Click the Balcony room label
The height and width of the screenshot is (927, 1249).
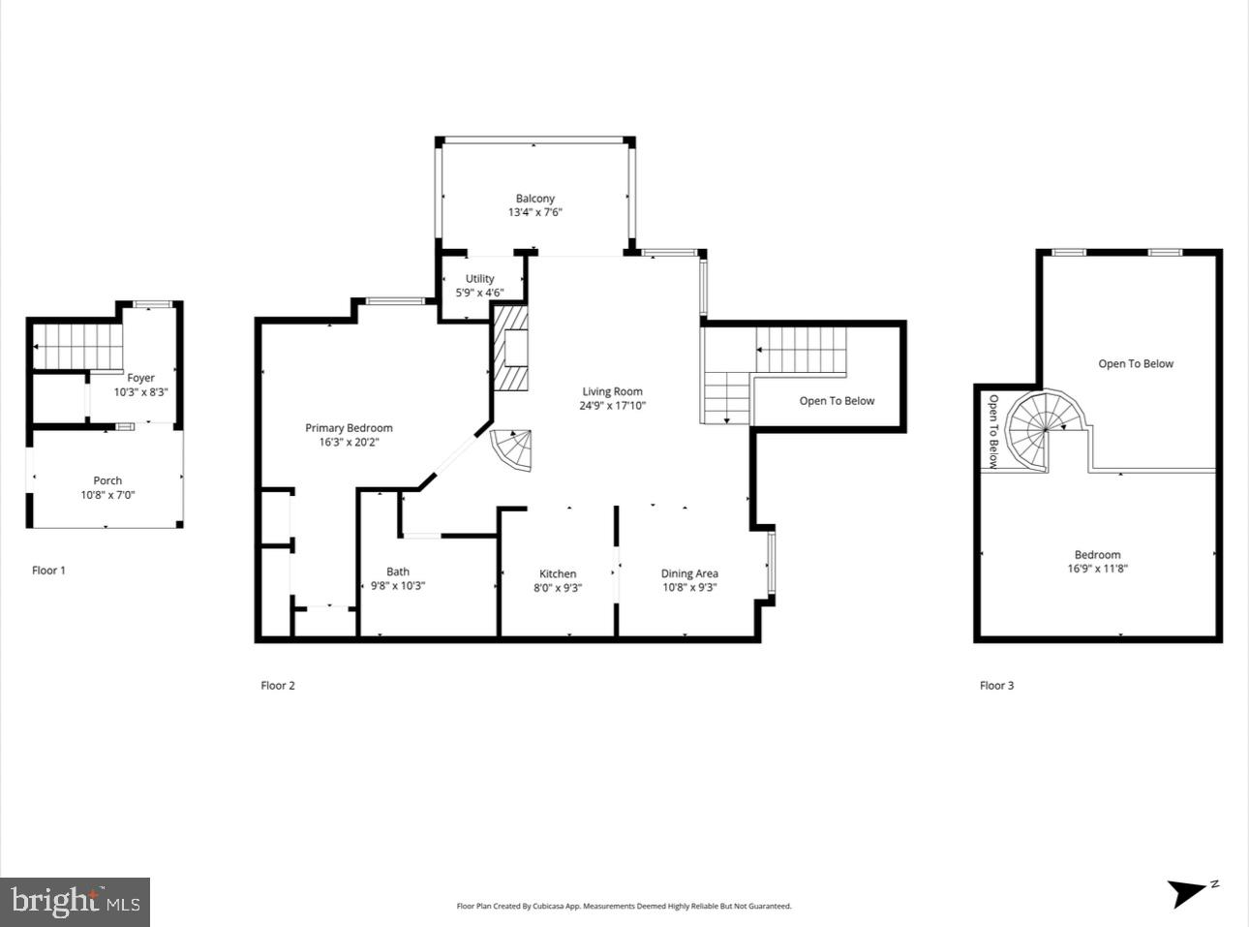534,199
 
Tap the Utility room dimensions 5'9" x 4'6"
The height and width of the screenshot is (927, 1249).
479,293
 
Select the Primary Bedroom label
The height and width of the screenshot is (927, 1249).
349,428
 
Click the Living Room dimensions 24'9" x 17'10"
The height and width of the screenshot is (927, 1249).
612,406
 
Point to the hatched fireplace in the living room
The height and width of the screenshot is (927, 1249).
511,348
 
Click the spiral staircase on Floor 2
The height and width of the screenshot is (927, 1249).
513,450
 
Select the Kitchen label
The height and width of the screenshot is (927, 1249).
558,573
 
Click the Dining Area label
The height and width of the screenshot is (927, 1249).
689,573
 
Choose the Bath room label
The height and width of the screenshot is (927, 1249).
398,572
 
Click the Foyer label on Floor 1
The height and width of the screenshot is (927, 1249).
140,378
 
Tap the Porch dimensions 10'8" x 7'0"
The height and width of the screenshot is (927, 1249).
107,495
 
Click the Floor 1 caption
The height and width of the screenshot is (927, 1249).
48,571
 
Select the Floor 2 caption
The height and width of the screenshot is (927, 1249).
278,686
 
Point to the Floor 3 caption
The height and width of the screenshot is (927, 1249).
996,686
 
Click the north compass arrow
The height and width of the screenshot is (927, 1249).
1188,892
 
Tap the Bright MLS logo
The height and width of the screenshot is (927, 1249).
76,902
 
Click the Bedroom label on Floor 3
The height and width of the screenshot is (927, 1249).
1097,555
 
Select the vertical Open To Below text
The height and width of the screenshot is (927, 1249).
992,431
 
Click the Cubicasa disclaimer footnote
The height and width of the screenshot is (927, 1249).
624,907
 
